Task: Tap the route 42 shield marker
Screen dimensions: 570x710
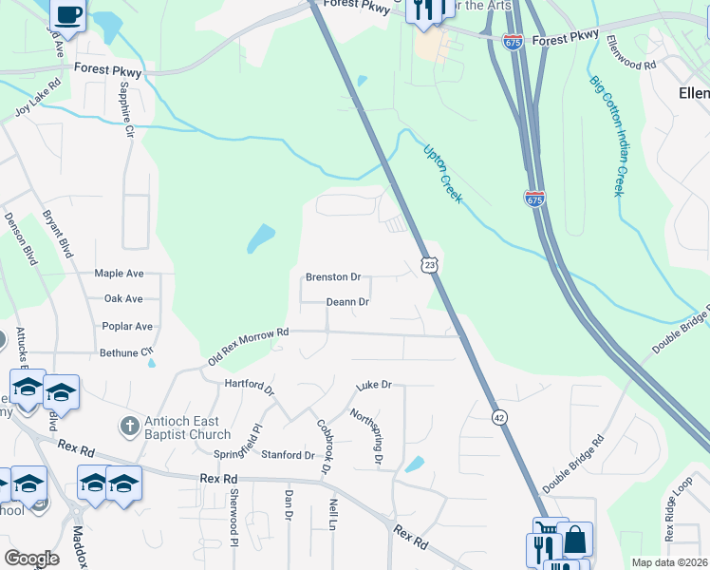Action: (498, 417)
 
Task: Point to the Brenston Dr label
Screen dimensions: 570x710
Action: (332, 277)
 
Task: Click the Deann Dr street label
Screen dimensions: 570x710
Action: (346, 302)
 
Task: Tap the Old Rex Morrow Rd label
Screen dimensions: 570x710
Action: (248, 347)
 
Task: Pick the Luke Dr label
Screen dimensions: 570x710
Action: (373, 386)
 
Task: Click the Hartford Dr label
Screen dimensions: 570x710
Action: (249, 387)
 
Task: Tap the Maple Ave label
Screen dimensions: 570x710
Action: (119, 274)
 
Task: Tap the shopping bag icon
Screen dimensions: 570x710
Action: (574, 540)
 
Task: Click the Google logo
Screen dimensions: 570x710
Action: (31, 559)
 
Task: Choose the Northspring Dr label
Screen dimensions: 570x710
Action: (365, 437)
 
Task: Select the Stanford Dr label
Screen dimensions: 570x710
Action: (288, 455)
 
